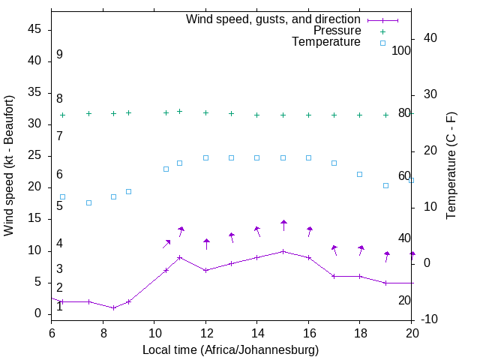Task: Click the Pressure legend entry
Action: (x=337, y=31)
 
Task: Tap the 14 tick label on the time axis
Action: (x=256, y=333)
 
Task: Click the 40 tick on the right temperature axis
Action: (x=430, y=38)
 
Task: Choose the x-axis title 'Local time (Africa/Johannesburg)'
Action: (x=230, y=349)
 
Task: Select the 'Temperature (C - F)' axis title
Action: (x=451, y=165)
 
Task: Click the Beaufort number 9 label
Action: (x=59, y=55)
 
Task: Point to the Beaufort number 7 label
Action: (x=59, y=136)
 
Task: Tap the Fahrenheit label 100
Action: (x=402, y=50)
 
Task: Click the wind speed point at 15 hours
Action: (x=283, y=251)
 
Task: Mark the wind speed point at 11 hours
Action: (x=180, y=257)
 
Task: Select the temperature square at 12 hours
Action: (x=205, y=157)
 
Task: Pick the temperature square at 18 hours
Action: (x=360, y=174)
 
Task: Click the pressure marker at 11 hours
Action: (x=180, y=111)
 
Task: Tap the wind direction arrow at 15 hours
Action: (x=283, y=225)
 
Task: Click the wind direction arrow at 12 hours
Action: (x=206, y=244)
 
